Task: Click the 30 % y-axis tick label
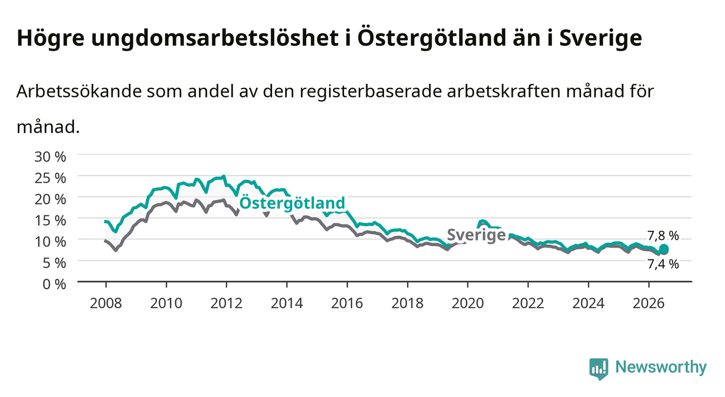pos(50,157)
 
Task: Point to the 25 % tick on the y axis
pos(50,178)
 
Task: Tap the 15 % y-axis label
pos(50,221)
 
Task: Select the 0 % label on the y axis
pos(54,284)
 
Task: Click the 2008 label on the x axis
pos(106,303)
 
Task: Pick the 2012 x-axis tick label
pos(227,303)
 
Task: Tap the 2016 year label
pos(347,303)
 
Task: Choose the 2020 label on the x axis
pos(467,303)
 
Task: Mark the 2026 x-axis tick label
pos(649,303)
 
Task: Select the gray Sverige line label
pos(476,235)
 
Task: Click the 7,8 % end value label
pos(663,236)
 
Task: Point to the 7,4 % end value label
pos(663,264)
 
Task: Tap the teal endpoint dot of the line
pos(664,249)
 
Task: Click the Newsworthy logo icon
pos(599,368)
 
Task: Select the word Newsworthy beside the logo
pos(661,367)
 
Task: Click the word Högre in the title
pos(51,38)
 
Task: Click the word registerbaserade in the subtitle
pos(371,92)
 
